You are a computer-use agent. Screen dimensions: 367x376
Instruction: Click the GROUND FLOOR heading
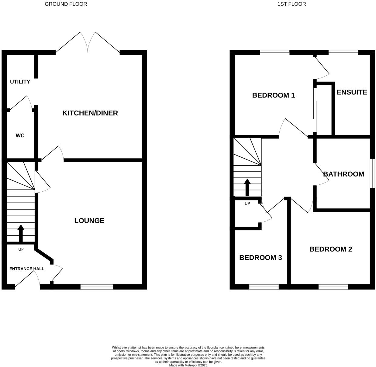pos(66,4)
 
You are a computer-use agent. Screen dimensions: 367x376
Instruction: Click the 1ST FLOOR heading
pos(291,4)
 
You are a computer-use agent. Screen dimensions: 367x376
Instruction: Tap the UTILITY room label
pos(20,82)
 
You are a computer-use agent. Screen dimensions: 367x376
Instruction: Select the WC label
pos(20,135)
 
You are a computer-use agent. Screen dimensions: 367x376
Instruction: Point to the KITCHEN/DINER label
pos(90,113)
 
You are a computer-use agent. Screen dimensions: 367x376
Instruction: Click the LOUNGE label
pos(89,221)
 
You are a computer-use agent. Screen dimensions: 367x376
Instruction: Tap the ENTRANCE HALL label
pos(27,269)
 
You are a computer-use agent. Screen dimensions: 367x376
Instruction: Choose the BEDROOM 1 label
pos(274,95)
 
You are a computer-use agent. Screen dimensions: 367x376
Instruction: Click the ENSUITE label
pos(352,92)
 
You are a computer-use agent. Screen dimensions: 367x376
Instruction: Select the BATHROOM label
pos(343,174)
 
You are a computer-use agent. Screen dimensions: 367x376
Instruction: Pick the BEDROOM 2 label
pos(331,249)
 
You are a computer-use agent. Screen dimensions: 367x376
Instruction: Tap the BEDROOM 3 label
pos(260,258)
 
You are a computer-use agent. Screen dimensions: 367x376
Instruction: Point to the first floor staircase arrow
pos(247,187)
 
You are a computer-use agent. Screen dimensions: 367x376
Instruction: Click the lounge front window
pos(97,287)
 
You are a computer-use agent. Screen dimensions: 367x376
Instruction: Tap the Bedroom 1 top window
pos(275,53)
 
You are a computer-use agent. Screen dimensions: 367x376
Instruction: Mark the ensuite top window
pos(343,53)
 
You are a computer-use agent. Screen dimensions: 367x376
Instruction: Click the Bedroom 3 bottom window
pos(264,287)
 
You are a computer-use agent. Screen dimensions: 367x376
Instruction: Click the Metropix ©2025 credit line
pos(188,365)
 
